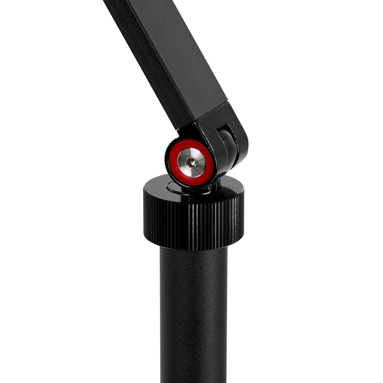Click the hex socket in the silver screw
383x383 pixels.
pos(191,163)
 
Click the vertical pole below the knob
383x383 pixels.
pos(193,312)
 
